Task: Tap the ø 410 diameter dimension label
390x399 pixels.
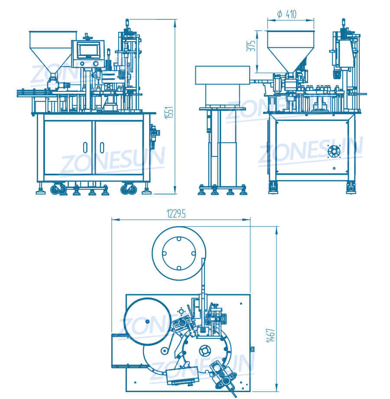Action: click(286, 15)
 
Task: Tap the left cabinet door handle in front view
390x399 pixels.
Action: click(85, 147)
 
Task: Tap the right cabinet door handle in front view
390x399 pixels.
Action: click(101, 147)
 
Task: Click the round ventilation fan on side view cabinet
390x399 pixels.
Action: click(334, 151)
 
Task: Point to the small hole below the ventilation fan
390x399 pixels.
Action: click(334, 168)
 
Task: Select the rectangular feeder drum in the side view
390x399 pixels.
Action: click(222, 75)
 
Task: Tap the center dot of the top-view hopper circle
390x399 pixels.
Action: click(147, 321)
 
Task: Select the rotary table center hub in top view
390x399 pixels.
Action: click(205, 350)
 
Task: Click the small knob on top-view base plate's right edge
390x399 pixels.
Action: click(252, 349)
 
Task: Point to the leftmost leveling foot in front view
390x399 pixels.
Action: click(40, 190)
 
